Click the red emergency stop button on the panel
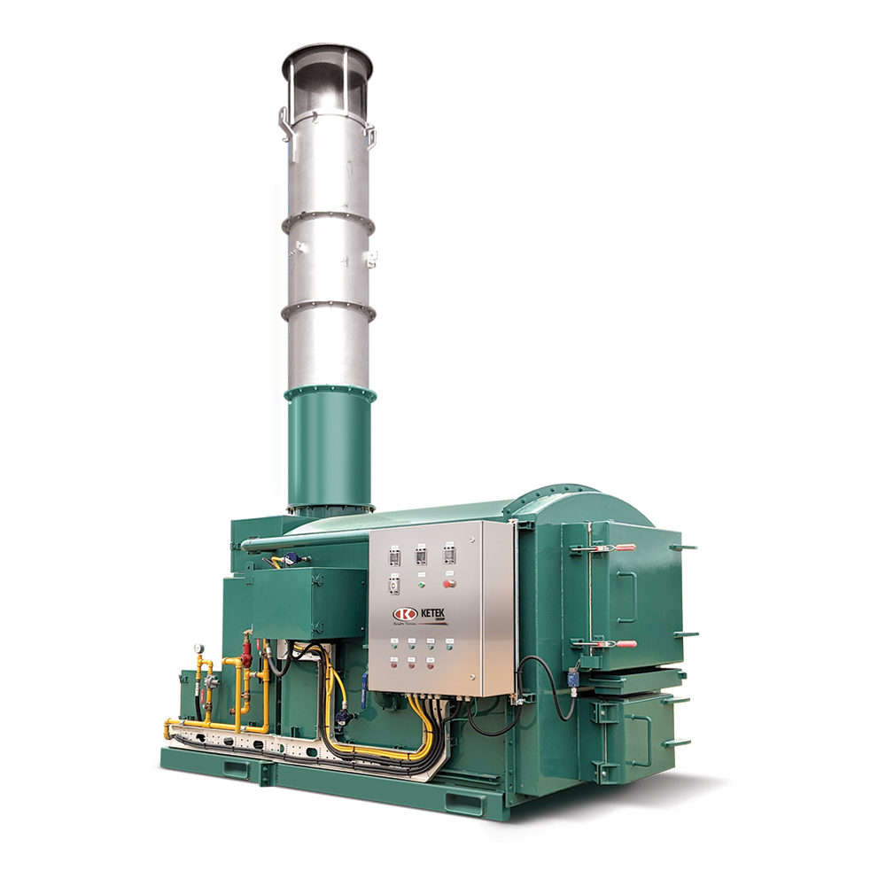pos(447,584)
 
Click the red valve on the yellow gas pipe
pos(246,659)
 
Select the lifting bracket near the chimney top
pos(284,124)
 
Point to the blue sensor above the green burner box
pos(293,559)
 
